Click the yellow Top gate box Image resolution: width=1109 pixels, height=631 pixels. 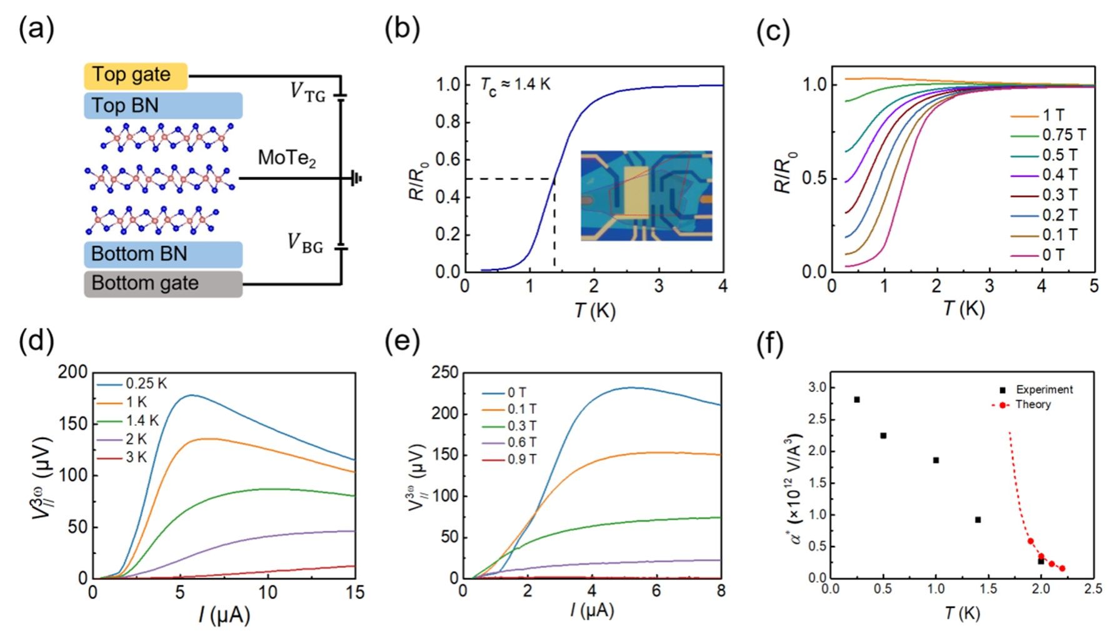point(136,76)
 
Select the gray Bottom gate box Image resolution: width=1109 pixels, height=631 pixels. point(163,283)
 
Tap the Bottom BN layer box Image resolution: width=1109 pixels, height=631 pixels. point(163,254)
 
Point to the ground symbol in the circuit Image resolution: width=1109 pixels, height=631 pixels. point(356,179)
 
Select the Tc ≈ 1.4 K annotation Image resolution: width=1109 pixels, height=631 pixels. point(516,84)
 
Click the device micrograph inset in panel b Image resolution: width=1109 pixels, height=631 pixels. point(646,196)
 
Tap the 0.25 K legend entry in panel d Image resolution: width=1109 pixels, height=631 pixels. point(131,384)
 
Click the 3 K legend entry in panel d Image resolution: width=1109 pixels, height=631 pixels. point(121,458)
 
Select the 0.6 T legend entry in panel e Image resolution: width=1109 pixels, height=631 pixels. point(509,443)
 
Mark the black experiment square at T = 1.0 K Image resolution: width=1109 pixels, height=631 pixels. point(936,460)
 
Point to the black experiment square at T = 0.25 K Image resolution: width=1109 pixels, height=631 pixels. point(857,400)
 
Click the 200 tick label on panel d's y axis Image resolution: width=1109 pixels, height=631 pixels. point(73,372)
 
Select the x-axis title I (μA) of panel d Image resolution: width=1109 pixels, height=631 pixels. point(224,615)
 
